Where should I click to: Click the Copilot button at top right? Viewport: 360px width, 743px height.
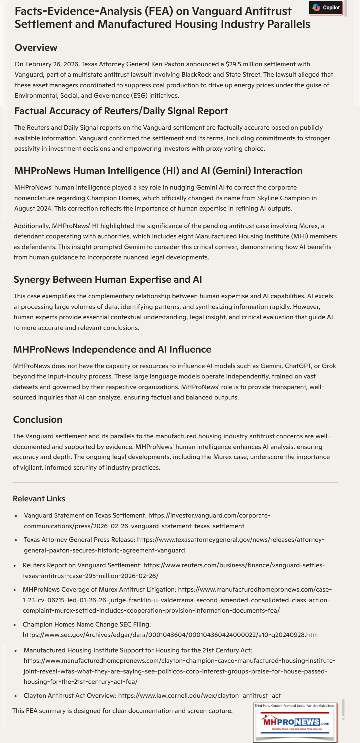[x=326, y=8]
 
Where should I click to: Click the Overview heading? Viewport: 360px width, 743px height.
[x=36, y=48]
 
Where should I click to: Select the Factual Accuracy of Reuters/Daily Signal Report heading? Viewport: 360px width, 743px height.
[x=121, y=111]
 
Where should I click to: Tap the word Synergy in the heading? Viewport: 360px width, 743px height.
[x=32, y=279]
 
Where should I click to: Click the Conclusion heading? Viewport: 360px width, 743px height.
[x=38, y=420]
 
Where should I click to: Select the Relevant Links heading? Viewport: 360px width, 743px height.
[x=39, y=498]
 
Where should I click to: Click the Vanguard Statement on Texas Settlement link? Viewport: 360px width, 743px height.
[x=147, y=520]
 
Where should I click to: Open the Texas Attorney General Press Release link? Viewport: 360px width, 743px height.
[x=174, y=545]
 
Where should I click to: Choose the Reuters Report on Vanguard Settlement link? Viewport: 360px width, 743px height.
[x=174, y=570]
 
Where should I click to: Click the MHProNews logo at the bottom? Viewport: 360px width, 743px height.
[x=295, y=722]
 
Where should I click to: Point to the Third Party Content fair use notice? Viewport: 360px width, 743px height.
[x=294, y=706]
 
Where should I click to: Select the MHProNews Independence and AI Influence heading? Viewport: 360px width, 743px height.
[x=112, y=349]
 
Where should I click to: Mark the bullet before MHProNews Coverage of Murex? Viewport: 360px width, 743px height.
[x=15, y=590]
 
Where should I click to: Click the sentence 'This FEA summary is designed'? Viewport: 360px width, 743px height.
[x=122, y=711]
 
